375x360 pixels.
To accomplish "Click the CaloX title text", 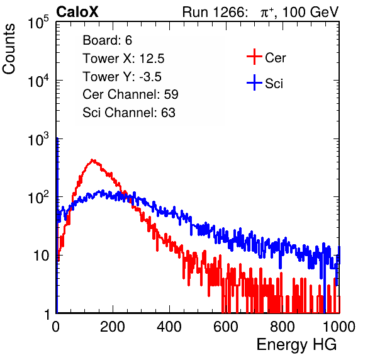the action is [77, 12].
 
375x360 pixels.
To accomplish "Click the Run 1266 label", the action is [215, 12].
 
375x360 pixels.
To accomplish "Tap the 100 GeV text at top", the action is [310, 12].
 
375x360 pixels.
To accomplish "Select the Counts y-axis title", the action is [9, 49].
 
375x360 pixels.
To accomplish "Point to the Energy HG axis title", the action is [296, 344].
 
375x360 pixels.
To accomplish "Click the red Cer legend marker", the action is [254, 57].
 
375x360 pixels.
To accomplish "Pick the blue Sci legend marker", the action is [254, 83].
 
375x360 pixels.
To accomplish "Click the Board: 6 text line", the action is [107, 40].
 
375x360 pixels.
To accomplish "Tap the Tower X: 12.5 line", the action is [123, 59].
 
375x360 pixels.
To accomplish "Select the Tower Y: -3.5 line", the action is [122, 77].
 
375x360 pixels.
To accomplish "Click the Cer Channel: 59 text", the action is [130, 94].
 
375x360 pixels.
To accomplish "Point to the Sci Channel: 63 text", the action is [129, 113].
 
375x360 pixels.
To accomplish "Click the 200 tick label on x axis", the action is [113, 327].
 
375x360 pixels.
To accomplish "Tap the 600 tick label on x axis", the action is [226, 327].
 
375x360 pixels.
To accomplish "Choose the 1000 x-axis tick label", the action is [339, 327].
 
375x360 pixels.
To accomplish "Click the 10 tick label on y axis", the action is [42, 256].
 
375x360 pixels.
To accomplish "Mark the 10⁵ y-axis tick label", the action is [38, 22].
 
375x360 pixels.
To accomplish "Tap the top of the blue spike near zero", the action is [57, 138].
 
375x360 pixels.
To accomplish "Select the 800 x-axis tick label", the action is [283, 327].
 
